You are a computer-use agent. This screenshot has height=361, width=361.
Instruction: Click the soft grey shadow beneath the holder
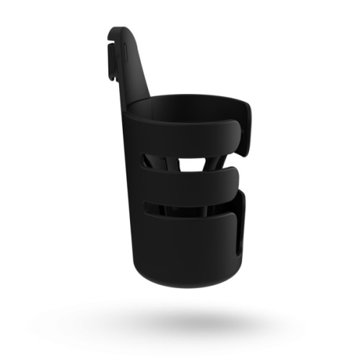pyautogui.click(x=188, y=318)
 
